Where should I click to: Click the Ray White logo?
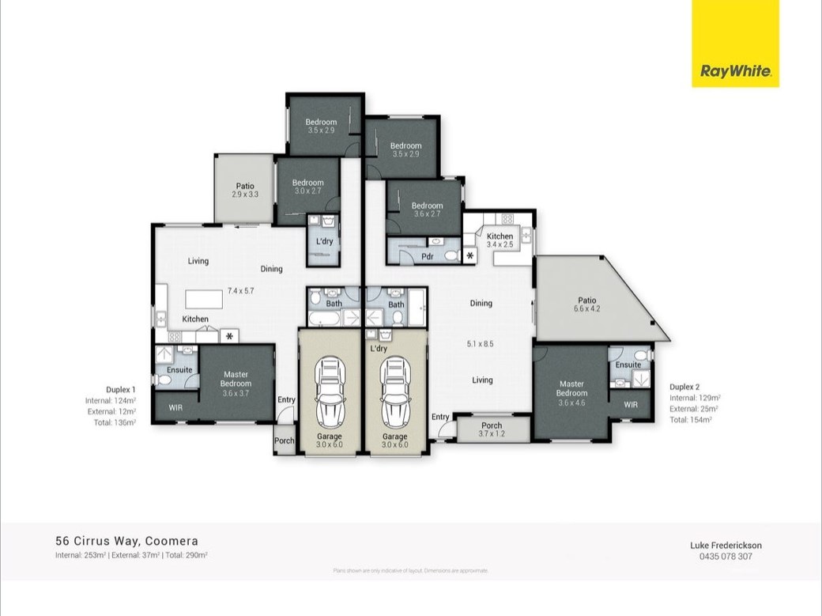[735, 72]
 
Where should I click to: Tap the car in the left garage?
[330, 391]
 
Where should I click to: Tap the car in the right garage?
[394, 391]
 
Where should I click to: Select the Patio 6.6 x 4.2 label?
[586, 304]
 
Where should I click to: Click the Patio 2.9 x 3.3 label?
[245, 190]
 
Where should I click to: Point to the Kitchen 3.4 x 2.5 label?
[500, 240]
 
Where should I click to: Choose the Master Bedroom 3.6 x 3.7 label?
[236, 384]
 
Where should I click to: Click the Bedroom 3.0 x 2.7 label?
[308, 187]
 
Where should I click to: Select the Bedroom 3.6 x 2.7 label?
[428, 210]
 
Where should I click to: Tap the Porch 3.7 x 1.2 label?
[492, 429]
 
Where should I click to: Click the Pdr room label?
[428, 256]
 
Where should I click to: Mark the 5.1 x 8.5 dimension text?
[481, 343]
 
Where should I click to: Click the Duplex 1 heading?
[121, 389]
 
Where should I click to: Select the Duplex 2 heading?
[684, 387]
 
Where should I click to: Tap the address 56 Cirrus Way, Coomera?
[126, 542]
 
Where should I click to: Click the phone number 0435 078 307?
[726, 556]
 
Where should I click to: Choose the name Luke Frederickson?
[726, 545]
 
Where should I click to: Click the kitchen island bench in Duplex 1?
[207, 300]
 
